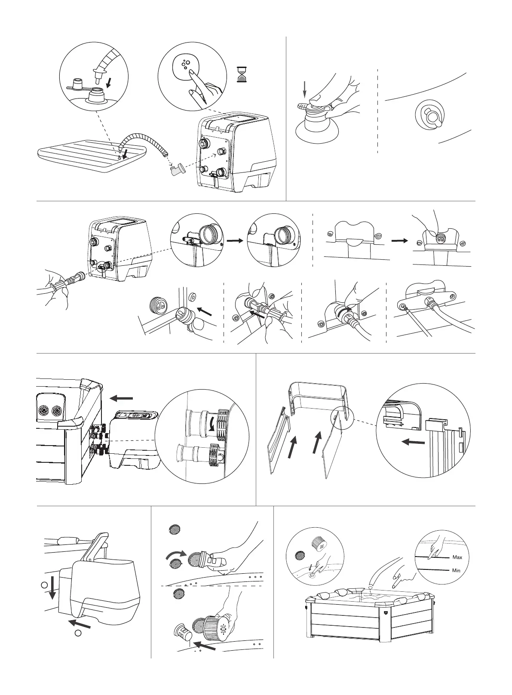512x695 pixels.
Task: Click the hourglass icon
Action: point(242,74)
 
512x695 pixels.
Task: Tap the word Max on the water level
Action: point(457,557)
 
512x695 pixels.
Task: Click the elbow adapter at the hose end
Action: point(176,171)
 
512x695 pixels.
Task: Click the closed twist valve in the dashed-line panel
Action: point(430,115)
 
